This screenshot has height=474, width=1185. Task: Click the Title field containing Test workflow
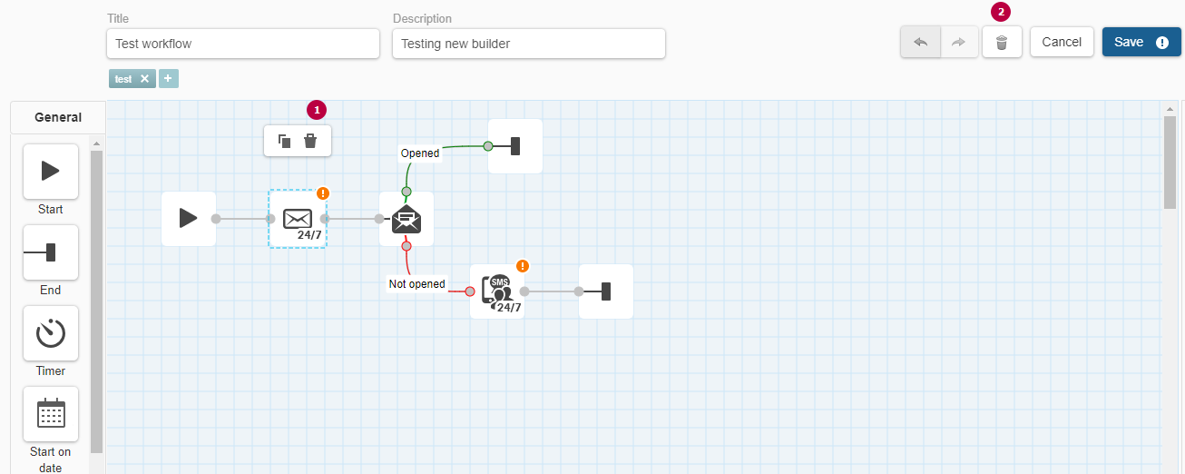(x=243, y=44)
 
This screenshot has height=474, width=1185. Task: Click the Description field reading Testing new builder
(x=528, y=44)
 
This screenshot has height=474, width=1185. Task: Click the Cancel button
(x=1062, y=42)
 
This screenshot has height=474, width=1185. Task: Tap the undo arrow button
(x=920, y=42)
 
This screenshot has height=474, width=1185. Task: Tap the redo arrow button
(x=958, y=42)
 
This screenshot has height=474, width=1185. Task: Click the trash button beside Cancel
(x=1002, y=42)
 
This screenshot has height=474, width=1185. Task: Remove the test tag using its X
(x=144, y=79)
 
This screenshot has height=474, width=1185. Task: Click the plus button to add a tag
(x=168, y=78)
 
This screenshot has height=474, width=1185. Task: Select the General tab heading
(x=58, y=117)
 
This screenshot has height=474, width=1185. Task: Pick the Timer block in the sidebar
(x=51, y=333)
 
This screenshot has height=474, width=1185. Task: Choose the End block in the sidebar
(x=51, y=252)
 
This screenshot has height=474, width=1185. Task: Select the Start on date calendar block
(x=51, y=414)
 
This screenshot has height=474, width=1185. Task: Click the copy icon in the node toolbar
(x=284, y=141)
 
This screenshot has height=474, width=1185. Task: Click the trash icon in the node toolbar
(x=310, y=141)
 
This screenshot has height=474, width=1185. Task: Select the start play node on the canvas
(x=189, y=219)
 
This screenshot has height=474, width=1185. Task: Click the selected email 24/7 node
(x=298, y=219)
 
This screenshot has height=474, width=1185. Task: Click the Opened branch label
(x=420, y=153)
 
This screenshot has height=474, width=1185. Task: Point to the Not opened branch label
(x=416, y=284)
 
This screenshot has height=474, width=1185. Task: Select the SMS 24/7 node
(x=497, y=291)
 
